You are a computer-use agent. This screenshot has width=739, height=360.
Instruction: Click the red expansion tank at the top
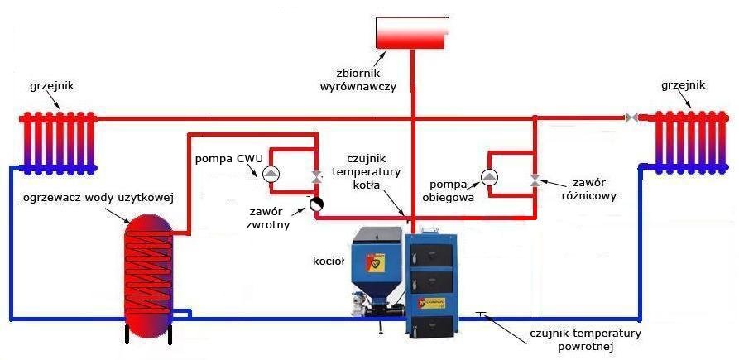(411, 33)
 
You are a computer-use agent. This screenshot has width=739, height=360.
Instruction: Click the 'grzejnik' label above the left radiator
(50, 85)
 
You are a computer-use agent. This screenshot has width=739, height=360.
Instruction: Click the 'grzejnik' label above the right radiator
(684, 85)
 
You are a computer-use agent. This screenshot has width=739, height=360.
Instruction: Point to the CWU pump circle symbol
(271, 174)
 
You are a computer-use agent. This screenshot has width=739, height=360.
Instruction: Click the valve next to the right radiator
(631, 118)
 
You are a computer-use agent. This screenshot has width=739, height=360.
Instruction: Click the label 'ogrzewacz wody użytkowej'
(98, 197)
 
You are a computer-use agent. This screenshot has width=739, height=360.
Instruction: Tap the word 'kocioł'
(328, 261)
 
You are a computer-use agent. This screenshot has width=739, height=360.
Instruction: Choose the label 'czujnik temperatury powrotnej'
(585, 340)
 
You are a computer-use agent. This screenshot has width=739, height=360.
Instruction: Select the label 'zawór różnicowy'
(588, 190)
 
